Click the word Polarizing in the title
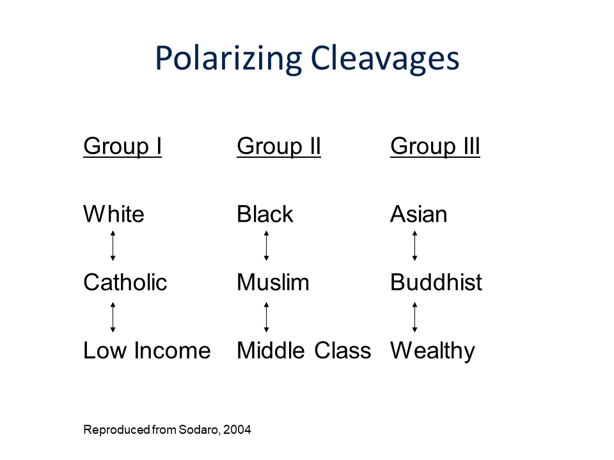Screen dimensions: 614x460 point(228,59)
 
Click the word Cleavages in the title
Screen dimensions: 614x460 point(385,59)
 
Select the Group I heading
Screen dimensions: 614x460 point(122,147)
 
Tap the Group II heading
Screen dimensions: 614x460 point(279,147)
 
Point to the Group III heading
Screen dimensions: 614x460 point(435,147)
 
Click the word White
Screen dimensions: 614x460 point(114,214)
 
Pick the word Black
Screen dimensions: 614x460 point(265,214)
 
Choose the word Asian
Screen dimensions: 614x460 point(418,214)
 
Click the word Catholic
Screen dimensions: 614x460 point(125,282)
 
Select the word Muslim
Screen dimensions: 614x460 point(273,282)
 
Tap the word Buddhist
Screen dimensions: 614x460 point(436,282)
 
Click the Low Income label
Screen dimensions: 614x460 point(147,350)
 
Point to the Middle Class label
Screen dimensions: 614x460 point(304,350)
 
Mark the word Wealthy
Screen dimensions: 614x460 point(433,351)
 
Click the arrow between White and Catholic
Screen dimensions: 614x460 point(113,245)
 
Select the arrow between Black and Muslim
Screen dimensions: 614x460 point(266,245)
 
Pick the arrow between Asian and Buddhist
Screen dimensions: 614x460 point(414,245)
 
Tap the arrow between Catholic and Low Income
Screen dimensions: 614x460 point(113,318)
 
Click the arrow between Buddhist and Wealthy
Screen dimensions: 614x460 point(414,318)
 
